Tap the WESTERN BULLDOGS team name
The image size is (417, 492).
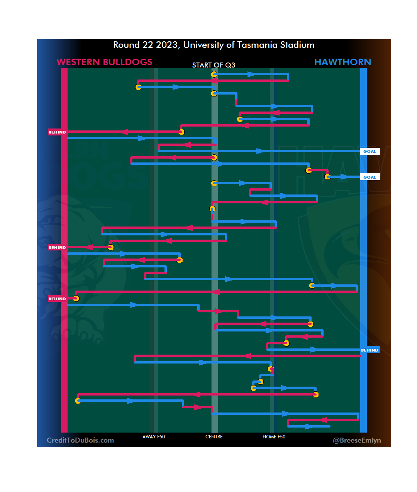(104, 62)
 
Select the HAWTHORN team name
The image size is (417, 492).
(342, 62)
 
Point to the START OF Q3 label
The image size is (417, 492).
(214, 65)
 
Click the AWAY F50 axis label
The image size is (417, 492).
(154, 437)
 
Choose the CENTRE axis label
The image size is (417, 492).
(214, 437)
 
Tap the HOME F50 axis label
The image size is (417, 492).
(274, 437)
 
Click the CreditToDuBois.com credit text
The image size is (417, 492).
(80, 440)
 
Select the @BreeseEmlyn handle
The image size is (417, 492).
(357, 440)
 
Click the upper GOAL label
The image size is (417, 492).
(370, 151)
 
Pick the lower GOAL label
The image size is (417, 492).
(370, 177)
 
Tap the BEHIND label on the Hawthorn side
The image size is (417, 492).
(370, 350)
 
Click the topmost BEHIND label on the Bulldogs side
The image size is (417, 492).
(57, 132)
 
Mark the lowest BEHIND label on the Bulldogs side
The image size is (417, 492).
(57, 299)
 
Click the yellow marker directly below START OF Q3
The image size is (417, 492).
(214, 74)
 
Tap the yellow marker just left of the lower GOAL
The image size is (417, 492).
(328, 177)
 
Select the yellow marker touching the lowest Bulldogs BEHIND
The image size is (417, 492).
(76, 298)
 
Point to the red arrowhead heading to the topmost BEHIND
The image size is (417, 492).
(124, 132)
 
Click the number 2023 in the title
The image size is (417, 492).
(166, 45)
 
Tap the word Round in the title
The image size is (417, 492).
(126, 45)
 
